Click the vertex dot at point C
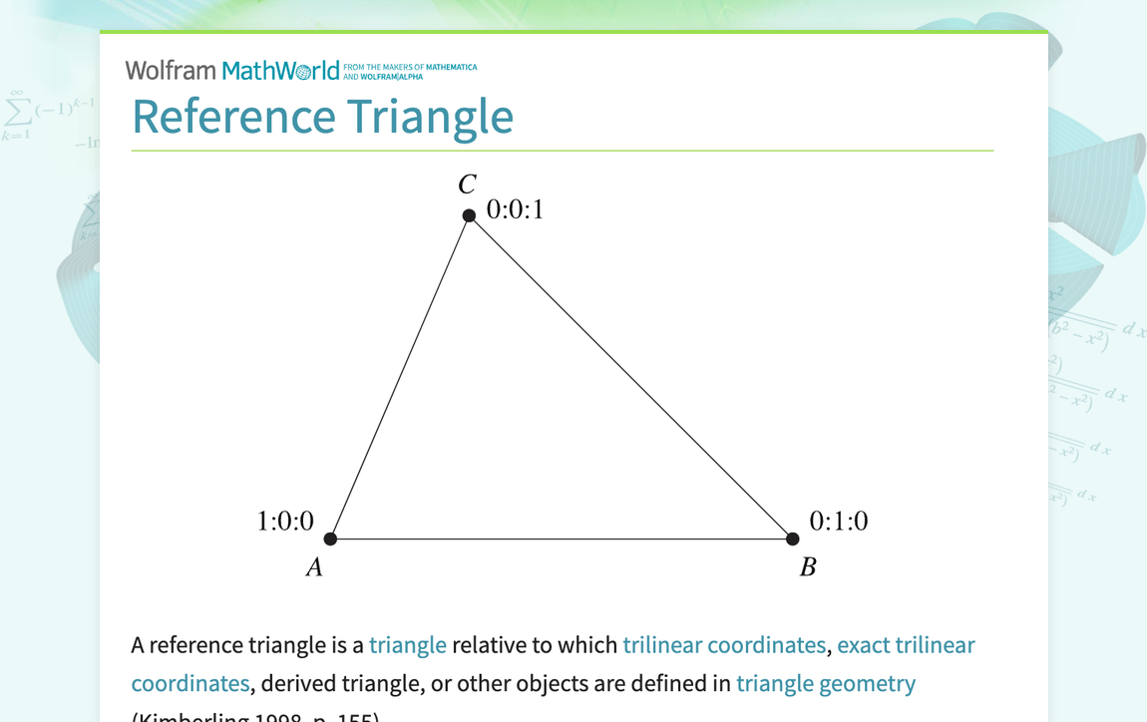point(469,215)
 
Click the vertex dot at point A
point(331,539)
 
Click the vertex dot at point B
point(792,539)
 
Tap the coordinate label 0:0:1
point(515,209)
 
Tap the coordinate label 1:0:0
point(285,521)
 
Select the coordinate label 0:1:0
point(838,521)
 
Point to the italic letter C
point(467,184)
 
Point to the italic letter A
point(314,567)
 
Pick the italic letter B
point(808,567)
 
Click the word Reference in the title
point(233,116)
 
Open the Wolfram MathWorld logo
point(232,70)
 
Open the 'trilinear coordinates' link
point(724,645)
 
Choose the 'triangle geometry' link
point(825,683)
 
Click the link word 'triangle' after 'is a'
point(407,645)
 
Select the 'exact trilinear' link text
point(906,645)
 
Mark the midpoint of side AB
point(562,539)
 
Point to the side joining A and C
point(400,377)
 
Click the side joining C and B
point(630,377)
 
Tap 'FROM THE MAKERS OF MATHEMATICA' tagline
point(410,68)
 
